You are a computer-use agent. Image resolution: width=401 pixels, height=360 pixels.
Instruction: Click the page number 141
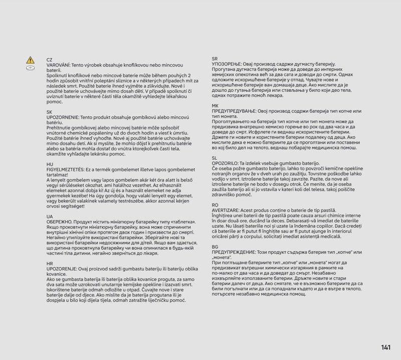click(x=385, y=347)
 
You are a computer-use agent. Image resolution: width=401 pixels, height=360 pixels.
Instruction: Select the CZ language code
click(x=49, y=60)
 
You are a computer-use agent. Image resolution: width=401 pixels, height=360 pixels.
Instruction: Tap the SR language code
click(x=215, y=59)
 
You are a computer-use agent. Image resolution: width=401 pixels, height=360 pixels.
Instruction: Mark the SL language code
click(x=215, y=157)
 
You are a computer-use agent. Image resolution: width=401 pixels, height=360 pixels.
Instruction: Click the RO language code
click(x=215, y=205)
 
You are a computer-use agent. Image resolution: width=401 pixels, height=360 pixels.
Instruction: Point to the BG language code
click(x=215, y=248)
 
